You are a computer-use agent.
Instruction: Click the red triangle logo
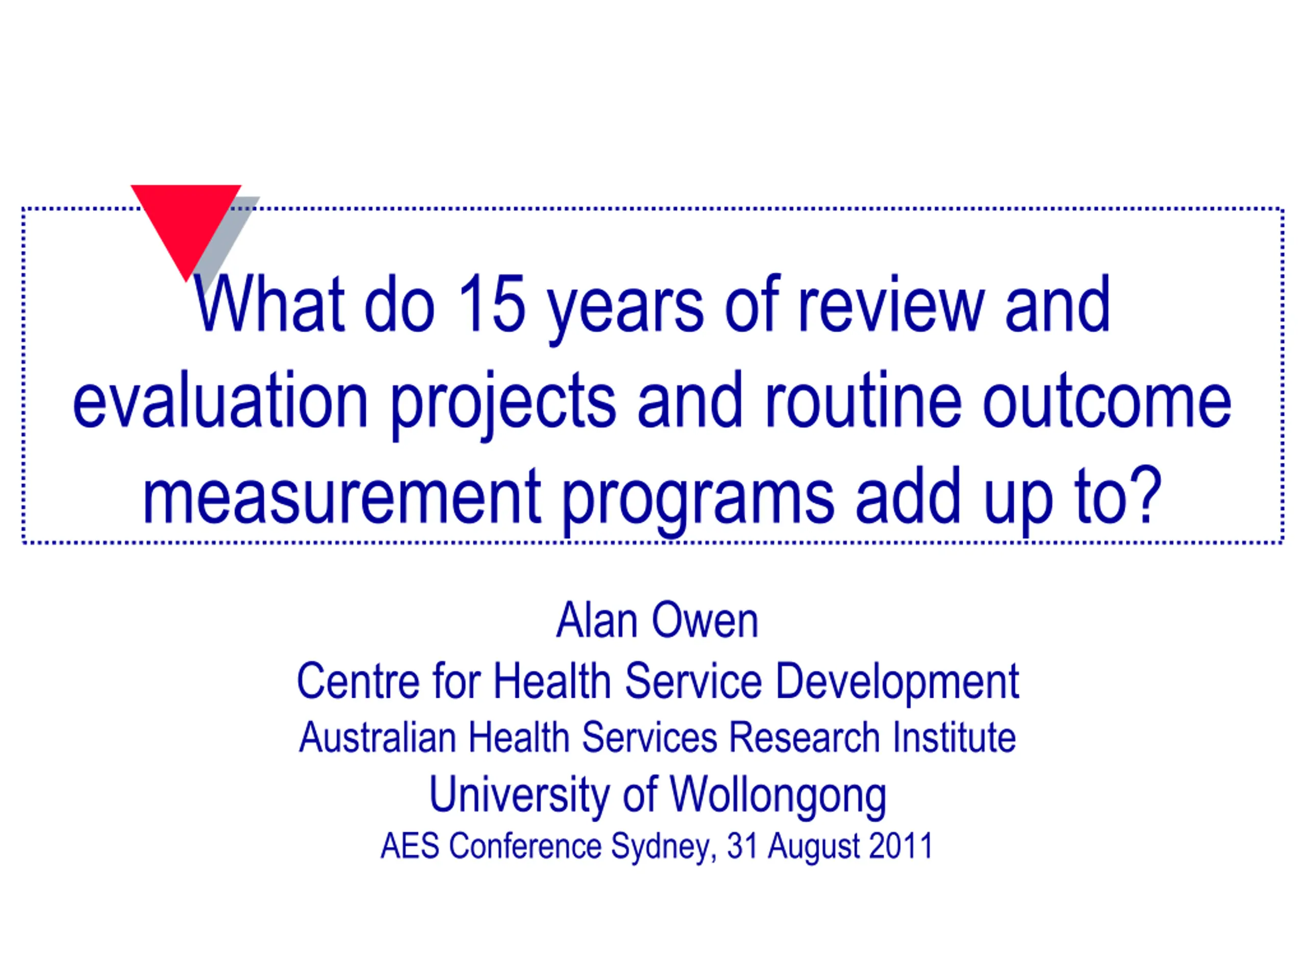[x=186, y=222]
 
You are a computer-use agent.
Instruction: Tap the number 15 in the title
[x=491, y=304]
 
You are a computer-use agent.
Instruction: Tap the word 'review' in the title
[x=892, y=304]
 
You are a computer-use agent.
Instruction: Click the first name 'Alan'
[x=597, y=620]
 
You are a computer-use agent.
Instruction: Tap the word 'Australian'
[x=378, y=738]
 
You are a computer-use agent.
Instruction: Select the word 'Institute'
[x=955, y=738]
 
